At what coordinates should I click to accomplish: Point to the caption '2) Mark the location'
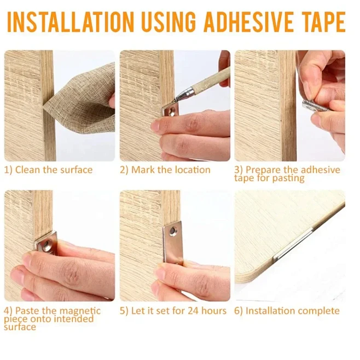pyautogui.click(x=165, y=170)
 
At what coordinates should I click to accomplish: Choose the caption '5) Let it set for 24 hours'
pyautogui.click(x=173, y=311)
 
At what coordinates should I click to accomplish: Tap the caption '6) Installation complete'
pyautogui.click(x=287, y=311)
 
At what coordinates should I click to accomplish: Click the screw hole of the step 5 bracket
pyautogui.click(x=173, y=231)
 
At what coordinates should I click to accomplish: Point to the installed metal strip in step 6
pyautogui.click(x=295, y=241)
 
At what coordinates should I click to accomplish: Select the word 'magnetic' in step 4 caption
pyautogui.click(x=80, y=311)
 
